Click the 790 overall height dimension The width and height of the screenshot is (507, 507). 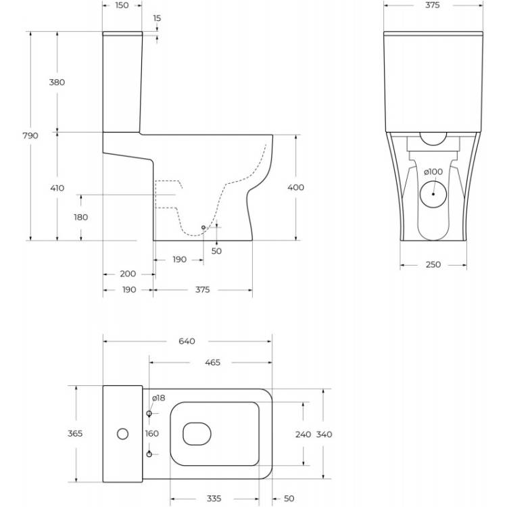click(30, 135)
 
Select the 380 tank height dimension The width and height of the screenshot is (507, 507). click(57, 82)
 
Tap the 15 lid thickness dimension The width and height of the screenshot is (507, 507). click(157, 18)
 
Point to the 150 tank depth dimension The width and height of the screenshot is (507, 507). click(122, 5)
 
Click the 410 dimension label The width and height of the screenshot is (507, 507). click(57, 188)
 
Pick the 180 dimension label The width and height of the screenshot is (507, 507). click(81, 217)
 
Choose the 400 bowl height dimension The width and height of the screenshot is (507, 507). click(296, 187)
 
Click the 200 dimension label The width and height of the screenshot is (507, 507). click(128, 274)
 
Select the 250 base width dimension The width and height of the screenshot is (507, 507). click(433, 264)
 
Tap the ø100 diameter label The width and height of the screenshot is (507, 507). click(433, 172)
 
